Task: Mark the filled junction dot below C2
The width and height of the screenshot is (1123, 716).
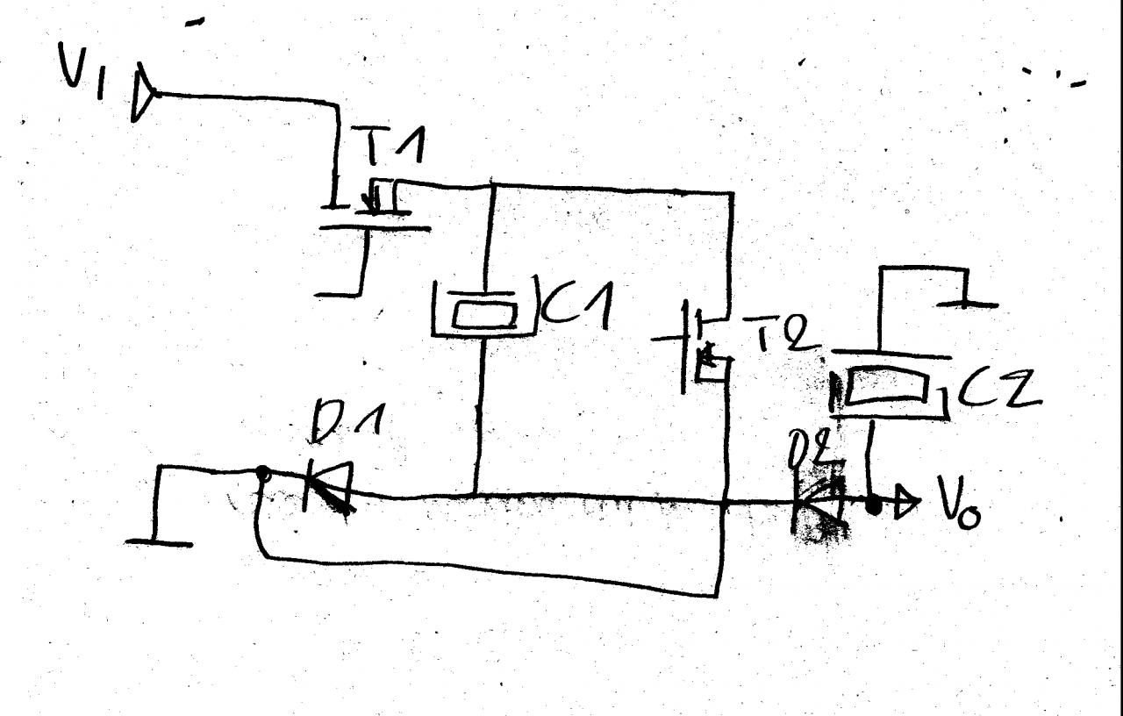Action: point(873,506)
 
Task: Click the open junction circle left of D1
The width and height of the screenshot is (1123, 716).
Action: point(261,475)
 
